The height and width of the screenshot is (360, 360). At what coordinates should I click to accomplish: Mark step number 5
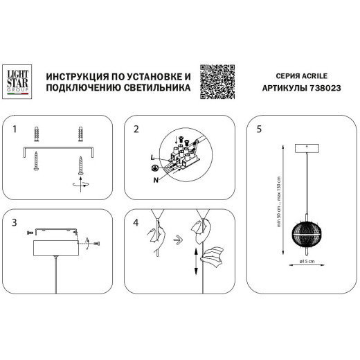pos(258,129)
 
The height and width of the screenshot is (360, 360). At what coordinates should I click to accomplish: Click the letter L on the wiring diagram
pos(151,159)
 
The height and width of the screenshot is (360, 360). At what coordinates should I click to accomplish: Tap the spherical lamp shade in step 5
pos(302,234)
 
